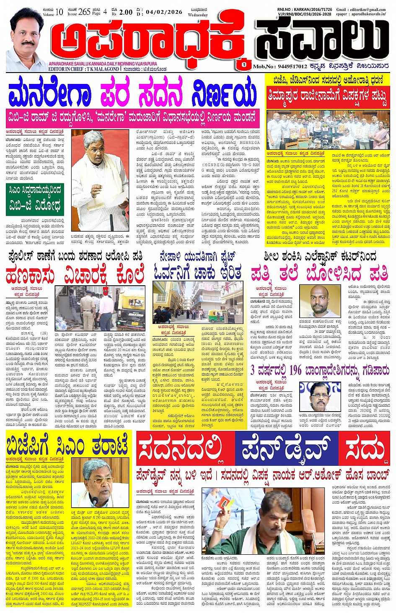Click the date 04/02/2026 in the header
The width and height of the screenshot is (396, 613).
point(164,12)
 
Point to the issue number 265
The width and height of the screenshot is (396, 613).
point(84,12)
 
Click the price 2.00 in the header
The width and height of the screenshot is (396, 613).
point(126,12)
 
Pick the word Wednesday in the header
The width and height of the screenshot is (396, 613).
point(198,15)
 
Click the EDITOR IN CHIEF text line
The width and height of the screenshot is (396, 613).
point(84,69)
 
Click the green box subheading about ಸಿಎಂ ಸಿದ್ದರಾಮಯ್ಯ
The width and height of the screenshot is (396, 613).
point(35,199)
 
